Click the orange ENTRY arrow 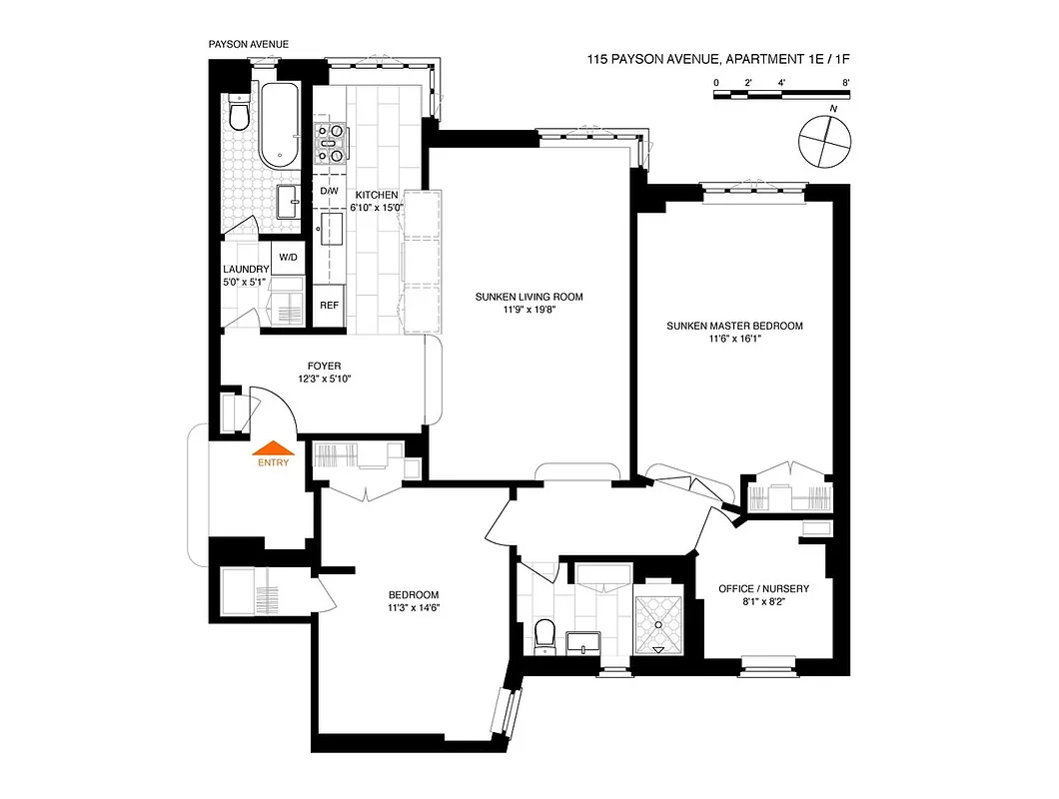click(x=273, y=449)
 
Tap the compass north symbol click(x=825, y=140)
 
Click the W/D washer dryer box click(x=288, y=258)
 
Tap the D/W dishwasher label click(x=329, y=192)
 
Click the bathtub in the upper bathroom click(x=279, y=126)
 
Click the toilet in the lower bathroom click(x=545, y=636)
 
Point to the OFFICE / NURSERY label click(x=763, y=589)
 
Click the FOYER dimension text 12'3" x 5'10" click(x=325, y=380)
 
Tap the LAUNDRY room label click(x=246, y=270)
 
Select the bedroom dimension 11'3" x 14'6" click(x=415, y=608)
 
